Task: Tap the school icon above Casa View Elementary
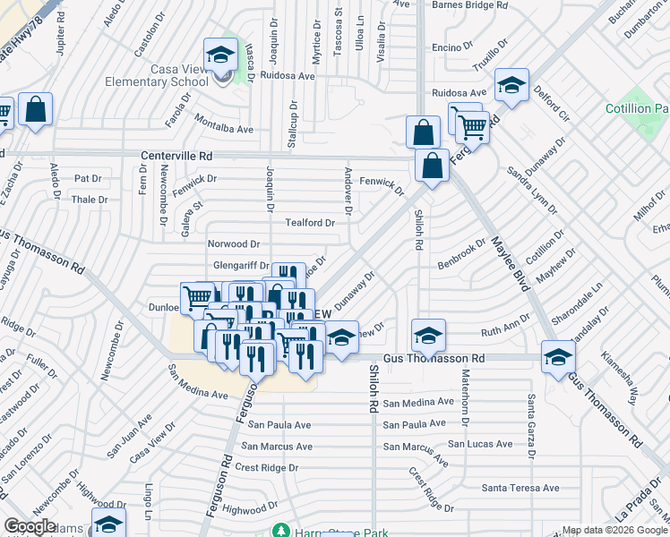(219, 56)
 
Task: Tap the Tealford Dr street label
(310, 223)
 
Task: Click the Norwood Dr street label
(233, 243)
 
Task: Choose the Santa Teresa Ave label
(520, 488)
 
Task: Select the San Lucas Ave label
(480, 444)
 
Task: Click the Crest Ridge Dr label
(266, 467)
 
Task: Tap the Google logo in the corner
(30, 526)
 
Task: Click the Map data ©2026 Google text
(613, 530)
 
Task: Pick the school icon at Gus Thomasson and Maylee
(558, 356)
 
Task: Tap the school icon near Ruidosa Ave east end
(511, 86)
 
